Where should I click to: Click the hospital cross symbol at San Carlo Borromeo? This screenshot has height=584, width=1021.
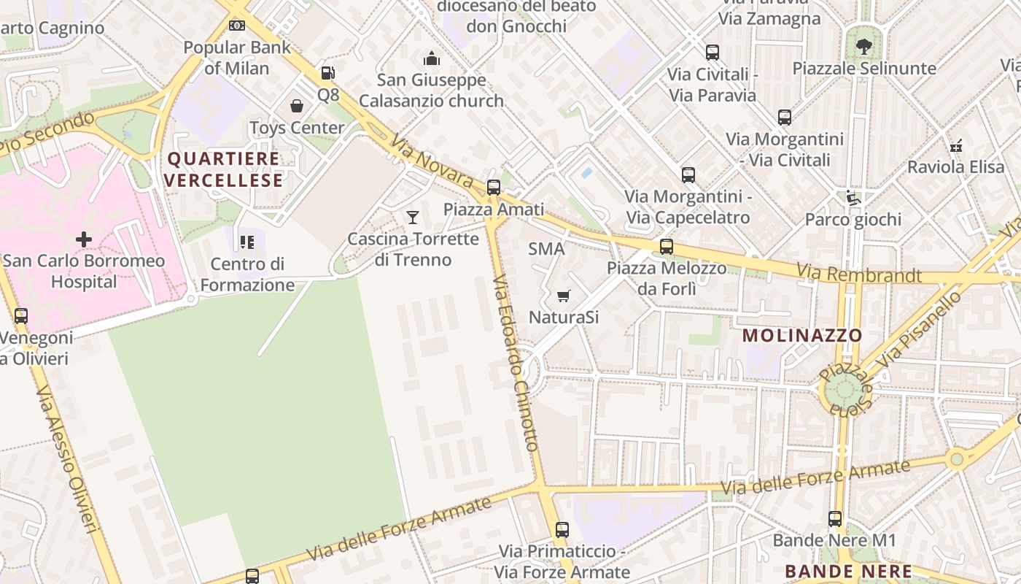[84, 239]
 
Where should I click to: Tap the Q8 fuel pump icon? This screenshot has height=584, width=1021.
[327, 73]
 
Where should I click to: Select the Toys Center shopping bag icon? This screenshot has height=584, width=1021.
[297, 107]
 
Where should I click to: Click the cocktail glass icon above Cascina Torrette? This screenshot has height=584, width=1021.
[413, 217]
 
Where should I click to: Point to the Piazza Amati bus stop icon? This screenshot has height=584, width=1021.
[494, 188]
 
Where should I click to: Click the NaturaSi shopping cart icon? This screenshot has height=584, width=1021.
[563, 296]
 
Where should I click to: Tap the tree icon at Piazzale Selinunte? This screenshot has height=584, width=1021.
[864, 47]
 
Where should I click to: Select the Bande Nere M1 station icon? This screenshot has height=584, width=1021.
[835, 519]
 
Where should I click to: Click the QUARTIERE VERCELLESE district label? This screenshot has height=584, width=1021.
[223, 169]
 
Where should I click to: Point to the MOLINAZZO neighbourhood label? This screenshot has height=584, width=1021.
[802, 336]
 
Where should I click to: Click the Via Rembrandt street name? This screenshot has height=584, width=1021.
[858, 274]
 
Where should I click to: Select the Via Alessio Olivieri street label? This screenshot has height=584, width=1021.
[67, 460]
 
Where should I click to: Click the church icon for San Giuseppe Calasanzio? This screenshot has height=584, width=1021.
[432, 58]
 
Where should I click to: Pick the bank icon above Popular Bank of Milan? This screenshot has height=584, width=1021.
[237, 26]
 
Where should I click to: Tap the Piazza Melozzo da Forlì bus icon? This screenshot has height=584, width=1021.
[667, 247]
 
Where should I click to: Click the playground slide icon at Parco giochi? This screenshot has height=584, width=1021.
[853, 198]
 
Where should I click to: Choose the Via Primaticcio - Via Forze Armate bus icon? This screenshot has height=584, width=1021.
[562, 530]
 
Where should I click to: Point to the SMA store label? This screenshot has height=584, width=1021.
[546, 249]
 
